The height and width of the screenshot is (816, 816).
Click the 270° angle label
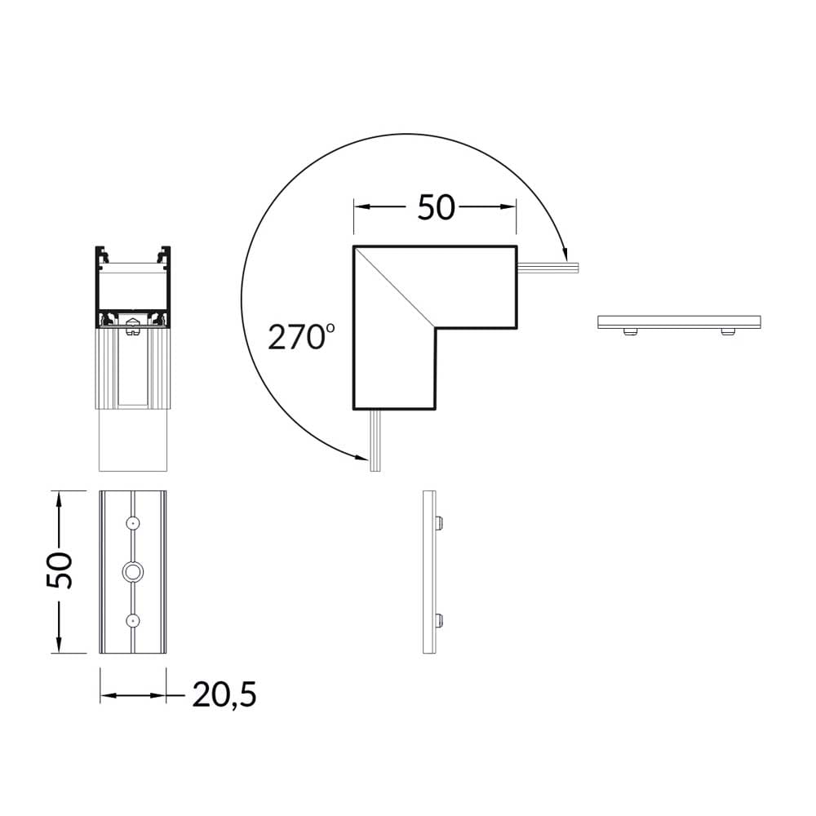301,336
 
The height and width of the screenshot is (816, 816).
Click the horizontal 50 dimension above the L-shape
436,207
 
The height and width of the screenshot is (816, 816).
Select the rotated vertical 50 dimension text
60,571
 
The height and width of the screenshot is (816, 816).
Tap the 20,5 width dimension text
224,694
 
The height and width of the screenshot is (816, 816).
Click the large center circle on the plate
133,572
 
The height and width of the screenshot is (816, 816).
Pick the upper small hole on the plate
133,523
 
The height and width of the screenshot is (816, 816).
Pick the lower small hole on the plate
133,620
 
